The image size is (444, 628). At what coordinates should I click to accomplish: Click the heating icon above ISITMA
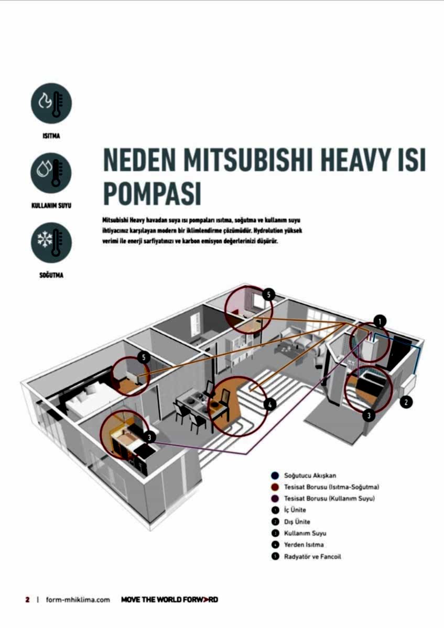pos(51,103)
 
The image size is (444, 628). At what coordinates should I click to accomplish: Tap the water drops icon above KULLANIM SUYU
pos(51,173)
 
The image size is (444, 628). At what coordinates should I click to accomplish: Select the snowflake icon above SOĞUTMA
pos(51,242)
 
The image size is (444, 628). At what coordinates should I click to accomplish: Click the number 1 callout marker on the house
pos(380,321)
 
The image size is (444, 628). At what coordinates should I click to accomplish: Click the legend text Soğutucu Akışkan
pos(306,476)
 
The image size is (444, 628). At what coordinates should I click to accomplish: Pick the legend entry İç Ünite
pos(295,510)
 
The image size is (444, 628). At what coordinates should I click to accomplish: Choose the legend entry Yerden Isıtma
pos(304,545)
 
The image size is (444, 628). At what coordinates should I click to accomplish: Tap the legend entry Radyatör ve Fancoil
pos(312,556)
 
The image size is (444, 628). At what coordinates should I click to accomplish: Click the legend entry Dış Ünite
pos(297,522)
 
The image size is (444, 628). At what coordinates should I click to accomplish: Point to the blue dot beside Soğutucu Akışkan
pos(275,476)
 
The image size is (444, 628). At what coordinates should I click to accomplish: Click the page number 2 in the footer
pos(27,599)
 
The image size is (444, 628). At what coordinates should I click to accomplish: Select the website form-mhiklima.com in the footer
pos(78,600)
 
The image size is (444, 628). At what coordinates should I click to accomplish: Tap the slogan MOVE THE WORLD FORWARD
pos(169,600)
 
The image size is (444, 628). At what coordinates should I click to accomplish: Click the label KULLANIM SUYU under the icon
pos(51,206)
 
